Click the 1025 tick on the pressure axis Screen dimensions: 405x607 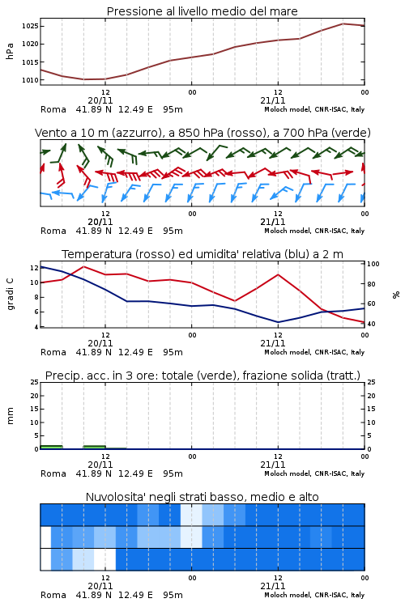[30, 27]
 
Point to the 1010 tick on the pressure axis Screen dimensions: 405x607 [30, 80]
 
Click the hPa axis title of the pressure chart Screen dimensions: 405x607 [10, 51]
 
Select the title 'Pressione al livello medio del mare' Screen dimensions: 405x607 [202, 11]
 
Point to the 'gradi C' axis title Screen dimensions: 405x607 [10, 294]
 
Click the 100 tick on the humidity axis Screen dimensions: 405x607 [373, 264]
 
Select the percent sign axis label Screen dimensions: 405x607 [396, 295]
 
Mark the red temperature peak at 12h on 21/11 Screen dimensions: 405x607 [278, 274]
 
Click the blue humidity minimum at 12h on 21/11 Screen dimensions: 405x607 [278, 322]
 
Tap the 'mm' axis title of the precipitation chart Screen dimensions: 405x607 [10, 416]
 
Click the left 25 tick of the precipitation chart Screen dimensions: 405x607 [35, 382]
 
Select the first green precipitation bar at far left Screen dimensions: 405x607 [51, 447]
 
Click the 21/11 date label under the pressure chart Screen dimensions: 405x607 [273, 100]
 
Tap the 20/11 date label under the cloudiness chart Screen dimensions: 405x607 [100, 586]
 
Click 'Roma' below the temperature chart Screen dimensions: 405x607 [53, 352]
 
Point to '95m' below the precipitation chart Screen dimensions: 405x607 [173, 473]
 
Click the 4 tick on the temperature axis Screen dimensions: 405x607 [36, 327]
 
